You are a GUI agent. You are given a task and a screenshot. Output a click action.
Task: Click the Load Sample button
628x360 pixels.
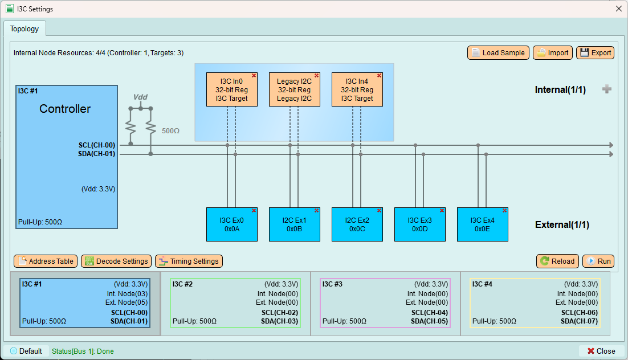tap(498, 53)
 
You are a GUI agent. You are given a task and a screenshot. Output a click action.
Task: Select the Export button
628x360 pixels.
tap(595, 53)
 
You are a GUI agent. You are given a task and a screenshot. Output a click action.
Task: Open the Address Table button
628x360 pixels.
tap(46, 261)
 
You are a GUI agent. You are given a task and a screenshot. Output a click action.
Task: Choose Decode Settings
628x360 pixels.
tap(116, 261)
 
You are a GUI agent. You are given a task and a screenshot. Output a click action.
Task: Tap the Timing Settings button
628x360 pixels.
tap(189, 261)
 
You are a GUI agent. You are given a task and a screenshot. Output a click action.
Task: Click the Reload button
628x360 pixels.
tap(557, 261)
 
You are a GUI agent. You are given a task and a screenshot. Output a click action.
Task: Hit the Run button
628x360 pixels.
tap(598, 261)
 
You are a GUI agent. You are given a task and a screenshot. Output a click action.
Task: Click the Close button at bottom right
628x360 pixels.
tap(601, 351)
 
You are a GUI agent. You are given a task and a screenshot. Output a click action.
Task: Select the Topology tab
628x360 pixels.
tap(25, 29)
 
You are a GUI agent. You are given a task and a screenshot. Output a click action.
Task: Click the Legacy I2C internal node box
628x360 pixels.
tap(295, 89)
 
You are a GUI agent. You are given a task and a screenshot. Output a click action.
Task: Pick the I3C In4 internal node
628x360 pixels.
tap(357, 89)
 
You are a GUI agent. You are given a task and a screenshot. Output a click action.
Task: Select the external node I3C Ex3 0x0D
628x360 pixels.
tap(420, 224)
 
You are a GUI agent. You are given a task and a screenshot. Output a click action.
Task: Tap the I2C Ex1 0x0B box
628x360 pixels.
tap(295, 224)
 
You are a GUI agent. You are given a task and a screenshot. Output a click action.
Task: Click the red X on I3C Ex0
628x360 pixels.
tap(254, 211)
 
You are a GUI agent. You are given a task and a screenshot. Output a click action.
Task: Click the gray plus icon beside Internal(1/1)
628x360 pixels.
tap(607, 89)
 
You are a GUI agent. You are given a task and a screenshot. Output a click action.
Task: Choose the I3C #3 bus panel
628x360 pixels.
tap(385, 303)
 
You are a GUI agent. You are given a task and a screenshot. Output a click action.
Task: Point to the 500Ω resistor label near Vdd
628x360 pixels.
tap(170, 131)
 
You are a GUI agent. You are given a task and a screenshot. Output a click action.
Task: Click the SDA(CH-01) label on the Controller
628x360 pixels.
tap(96, 154)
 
